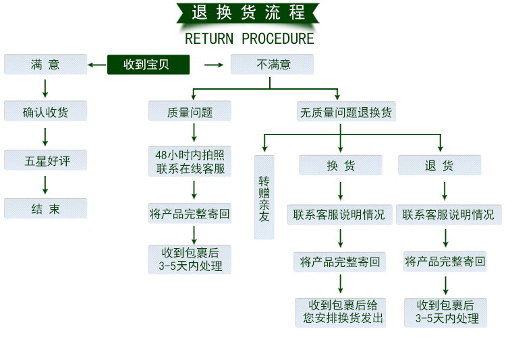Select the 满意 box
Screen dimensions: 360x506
click(x=45, y=65)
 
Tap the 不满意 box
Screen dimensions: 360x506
click(x=272, y=65)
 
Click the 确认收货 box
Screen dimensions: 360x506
click(x=45, y=112)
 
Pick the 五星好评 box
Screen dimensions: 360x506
click(x=45, y=160)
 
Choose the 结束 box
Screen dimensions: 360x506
click(x=45, y=208)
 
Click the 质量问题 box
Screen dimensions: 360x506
click(x=190, y=112)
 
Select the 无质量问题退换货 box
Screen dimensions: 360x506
click(x=346, y=112)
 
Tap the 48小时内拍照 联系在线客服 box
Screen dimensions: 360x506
click(x=190, y=162)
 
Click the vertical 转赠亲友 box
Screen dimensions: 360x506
click(x=264, y=197)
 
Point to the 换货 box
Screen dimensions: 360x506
click(x=341, y=165)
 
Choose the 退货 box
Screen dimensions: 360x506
click(x=439, y=165)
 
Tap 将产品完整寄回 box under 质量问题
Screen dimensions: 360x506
click(x=190, y=215)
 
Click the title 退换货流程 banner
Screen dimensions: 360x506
click(x=249, y=13)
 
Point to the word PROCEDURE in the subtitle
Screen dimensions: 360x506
click(x=278, y=38)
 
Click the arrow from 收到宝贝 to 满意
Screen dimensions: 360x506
click(x=97, y=65)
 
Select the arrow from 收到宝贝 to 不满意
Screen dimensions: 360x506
click(x=213, y=65)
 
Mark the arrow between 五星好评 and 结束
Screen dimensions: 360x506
click(x=45, y=185)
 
